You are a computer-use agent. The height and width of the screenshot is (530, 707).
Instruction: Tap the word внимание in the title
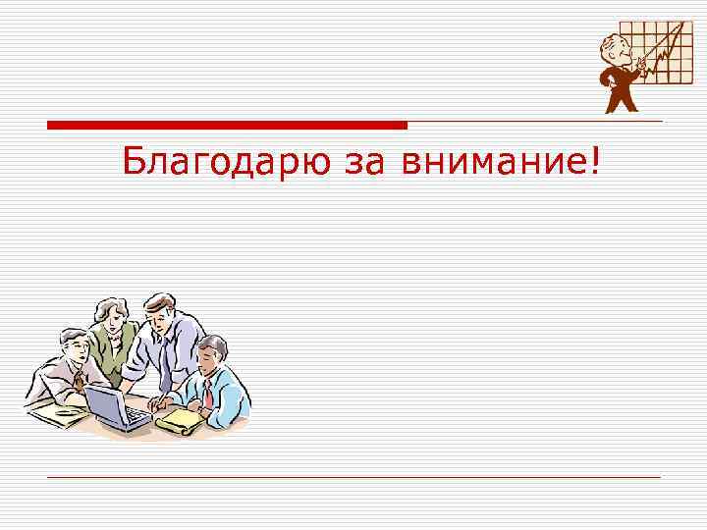click(x=491, y=163)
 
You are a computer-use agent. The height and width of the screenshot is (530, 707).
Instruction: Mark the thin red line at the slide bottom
click(x=353, y=477)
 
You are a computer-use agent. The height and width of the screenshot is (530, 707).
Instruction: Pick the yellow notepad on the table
click(x=179, y=420)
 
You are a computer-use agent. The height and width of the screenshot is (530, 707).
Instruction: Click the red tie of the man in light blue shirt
click(x=208, y=395)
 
